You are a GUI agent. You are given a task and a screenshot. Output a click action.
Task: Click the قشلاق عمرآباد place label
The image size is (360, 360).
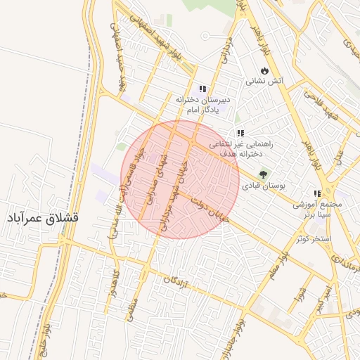42,217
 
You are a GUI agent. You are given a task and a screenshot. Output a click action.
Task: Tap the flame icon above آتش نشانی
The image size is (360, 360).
264,71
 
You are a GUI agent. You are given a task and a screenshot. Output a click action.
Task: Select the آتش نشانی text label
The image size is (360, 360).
264,82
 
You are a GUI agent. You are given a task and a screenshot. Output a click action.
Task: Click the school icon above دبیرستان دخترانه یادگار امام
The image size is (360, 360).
202,89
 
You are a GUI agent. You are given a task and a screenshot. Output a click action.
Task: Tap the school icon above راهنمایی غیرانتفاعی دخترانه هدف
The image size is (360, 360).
240,133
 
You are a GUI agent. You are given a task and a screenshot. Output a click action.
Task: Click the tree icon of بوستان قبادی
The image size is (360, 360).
264,174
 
